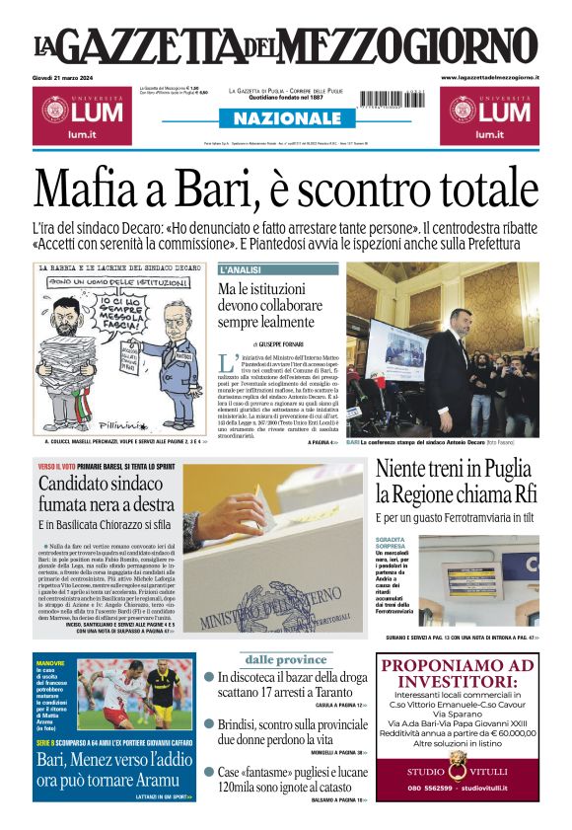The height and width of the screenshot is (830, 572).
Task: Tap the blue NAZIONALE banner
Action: [x=285, y=118]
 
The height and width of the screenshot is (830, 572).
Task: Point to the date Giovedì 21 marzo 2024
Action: [x=71, y=76]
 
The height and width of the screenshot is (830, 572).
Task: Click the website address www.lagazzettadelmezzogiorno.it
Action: [x=489, y=76]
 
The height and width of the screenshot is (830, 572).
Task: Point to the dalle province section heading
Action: [x=285, y=659]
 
